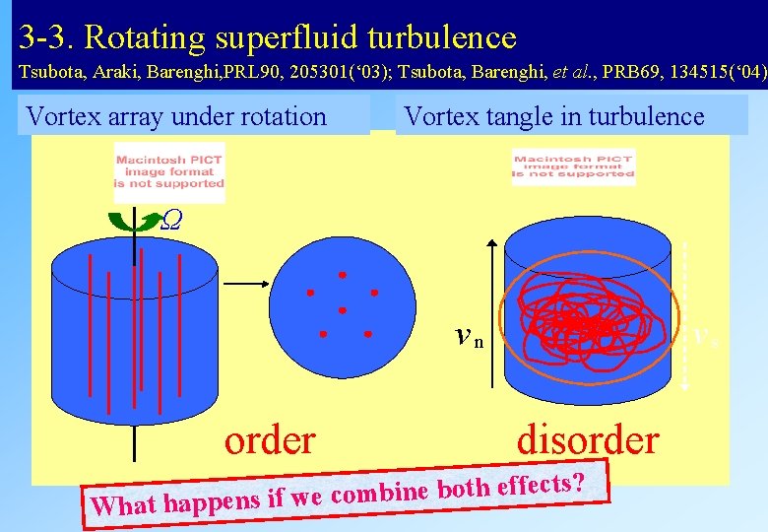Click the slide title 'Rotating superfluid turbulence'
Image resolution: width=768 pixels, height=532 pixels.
coord(300,37)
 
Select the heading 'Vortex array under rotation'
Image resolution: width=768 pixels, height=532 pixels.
coord(176,116)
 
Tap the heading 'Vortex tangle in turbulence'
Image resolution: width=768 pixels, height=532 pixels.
coord(554,116)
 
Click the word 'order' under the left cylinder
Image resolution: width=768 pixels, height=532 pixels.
coord(270,439)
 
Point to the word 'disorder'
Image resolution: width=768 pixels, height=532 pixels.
coord(588,439)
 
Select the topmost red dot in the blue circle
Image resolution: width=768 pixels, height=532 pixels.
coord(343,274)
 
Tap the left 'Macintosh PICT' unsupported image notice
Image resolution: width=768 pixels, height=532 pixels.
coord(169,171)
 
